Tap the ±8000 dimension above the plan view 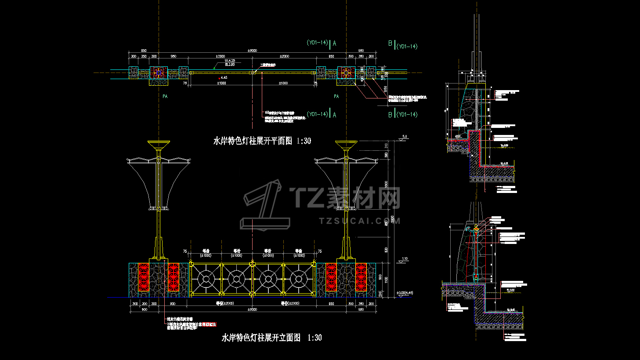tap(252, 51)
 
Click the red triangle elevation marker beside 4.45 tap(219, 78)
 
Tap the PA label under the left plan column tap(165, 96)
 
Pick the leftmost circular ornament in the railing tap(206, 279)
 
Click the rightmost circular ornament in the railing tap(299, 279)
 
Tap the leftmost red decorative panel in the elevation tap(144, 277)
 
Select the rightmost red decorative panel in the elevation tap(361, 277)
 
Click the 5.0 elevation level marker tap(404, 137)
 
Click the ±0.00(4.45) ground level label tap(404, 293)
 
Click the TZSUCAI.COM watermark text tap(360, 221)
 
